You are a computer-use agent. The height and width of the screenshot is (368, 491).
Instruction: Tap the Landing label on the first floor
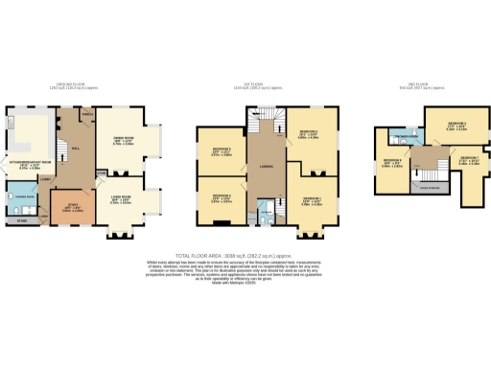(267, 174)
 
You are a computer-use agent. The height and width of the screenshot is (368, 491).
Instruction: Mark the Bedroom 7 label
(468, 158)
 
